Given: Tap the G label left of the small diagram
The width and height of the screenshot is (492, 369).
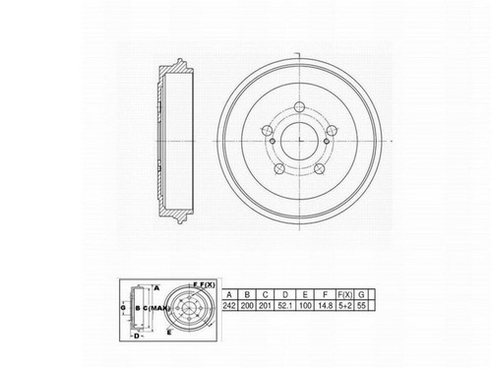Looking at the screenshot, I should click(x=122, y=307).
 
